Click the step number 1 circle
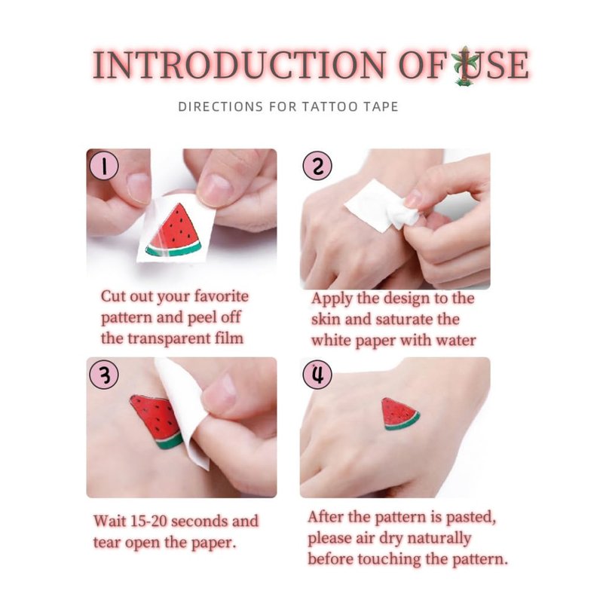104,166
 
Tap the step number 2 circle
317,166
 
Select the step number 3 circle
104,375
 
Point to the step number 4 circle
317,375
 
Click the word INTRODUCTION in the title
239,65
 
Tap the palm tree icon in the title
465,66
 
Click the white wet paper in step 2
383,207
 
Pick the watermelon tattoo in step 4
400,414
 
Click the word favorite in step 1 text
221,296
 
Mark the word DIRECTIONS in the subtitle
221,106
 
